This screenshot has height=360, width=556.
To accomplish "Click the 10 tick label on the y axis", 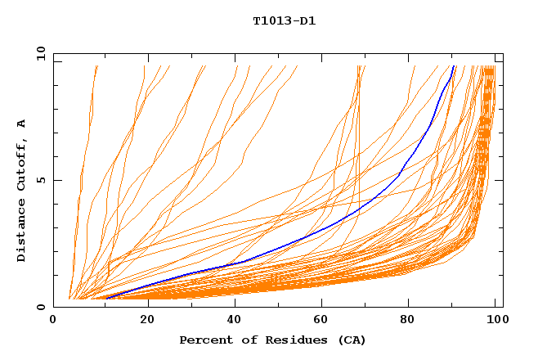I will tap(40, 53).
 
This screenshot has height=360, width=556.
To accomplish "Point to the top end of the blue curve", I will tap(453, 66).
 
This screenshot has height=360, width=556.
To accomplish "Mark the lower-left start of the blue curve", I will tap(106, 299).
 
